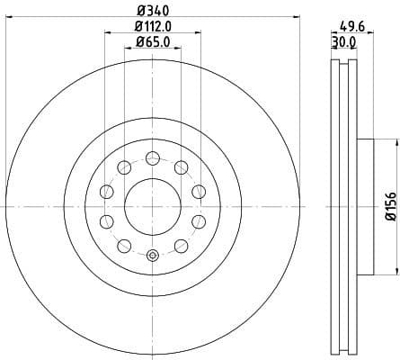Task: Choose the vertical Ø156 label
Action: click(x=390, y=206)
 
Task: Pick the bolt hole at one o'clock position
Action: click(x=182, y=167)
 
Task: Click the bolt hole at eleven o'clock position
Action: click(x=122, y=167)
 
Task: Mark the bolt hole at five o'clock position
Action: click(x=182, y=245)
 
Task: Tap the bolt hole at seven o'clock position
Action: click(x=123, y=245)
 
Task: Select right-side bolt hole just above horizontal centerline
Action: click(x=198, y=191)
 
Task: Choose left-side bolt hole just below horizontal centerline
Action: click(x=106, y=221)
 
